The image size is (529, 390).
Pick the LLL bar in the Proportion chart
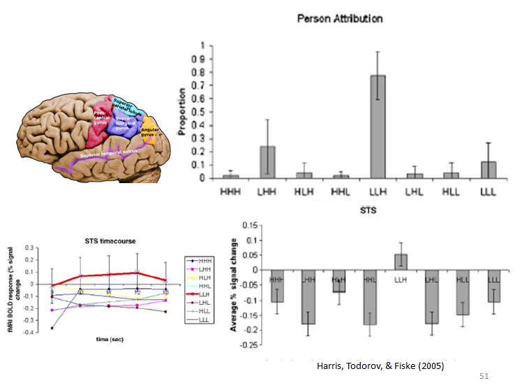(x=489, y=170)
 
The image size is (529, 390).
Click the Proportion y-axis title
(x=184, y=112)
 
